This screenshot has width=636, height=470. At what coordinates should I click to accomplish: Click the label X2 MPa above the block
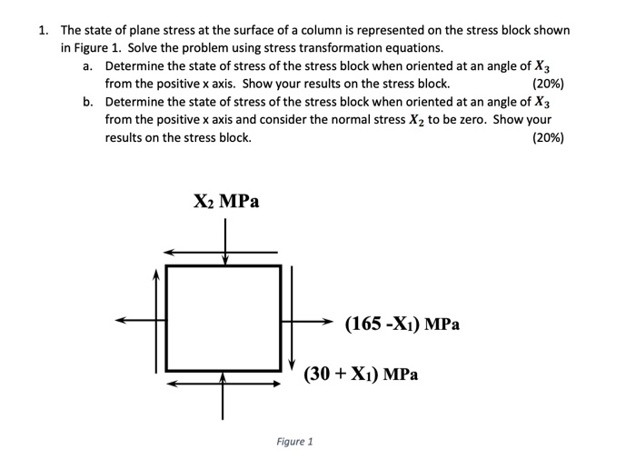click(226, 201)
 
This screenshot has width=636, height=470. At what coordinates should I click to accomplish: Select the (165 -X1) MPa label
click(402, 323)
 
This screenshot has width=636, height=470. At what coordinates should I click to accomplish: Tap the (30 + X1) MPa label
click(361, 373)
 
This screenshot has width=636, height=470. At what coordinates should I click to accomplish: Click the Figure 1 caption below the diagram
click(294, 442)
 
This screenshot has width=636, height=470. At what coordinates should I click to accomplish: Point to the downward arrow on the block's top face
click(224, 245)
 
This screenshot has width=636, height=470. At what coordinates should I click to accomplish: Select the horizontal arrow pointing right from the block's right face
click(310, 321)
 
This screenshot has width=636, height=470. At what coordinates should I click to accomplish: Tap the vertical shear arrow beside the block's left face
click(157, 318)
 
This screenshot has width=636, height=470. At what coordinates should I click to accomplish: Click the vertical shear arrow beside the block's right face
click(291, 318)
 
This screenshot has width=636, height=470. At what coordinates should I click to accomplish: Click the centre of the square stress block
click(224, 318)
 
